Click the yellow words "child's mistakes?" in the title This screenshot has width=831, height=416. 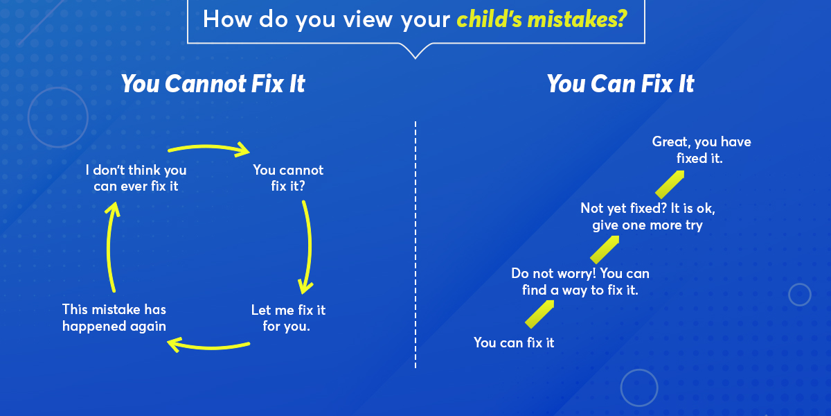(x=542, y=19)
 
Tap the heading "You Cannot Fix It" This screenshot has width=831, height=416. (x=213, y=84)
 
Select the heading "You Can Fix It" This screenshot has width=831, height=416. (x=620, y=84)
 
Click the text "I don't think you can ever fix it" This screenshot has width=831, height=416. (x=136, y=178)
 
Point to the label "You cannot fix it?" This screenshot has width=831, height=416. (x=288, y=178)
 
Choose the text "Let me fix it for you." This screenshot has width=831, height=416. (x=288, y=318)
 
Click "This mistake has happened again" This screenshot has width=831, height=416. (x=114, y=318)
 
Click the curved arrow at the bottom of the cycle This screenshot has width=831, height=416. (x=209, y=347)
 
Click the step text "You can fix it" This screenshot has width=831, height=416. (x=514, y=343)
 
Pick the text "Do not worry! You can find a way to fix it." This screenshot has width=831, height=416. (x=580, y=282)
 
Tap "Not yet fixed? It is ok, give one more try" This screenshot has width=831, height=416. (x=647, y=216)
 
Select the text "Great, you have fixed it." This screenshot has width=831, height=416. (x=701, y=150)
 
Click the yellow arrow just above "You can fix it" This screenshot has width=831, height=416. (x=539, y=314)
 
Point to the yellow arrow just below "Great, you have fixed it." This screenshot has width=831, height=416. (x=670, y=184)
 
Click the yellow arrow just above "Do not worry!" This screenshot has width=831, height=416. (x=605, y=250)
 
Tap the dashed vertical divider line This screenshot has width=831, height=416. (x=415, y=244)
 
